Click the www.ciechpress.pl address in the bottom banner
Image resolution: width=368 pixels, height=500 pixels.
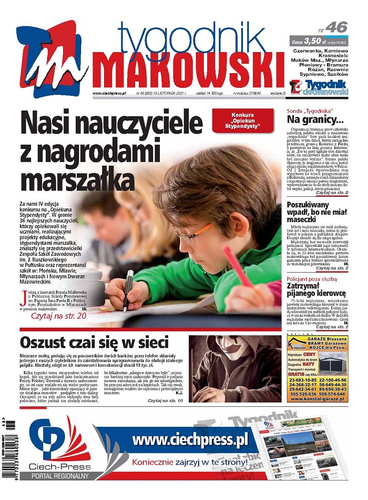point(190,440)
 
